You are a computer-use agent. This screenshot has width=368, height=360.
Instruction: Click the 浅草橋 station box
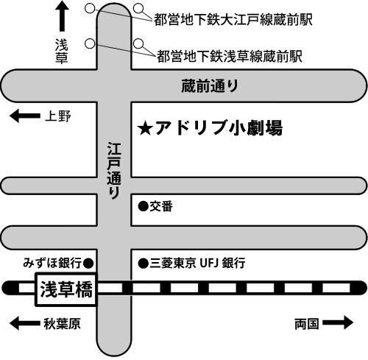66,289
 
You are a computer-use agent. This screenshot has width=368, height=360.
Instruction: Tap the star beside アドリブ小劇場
145,130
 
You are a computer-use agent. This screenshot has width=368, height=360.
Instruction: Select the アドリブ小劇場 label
219,128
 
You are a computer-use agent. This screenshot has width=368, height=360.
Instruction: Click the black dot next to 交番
144,206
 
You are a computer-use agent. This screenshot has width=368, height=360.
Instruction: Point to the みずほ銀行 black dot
88,264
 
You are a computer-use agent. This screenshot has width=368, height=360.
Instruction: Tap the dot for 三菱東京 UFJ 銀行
144,264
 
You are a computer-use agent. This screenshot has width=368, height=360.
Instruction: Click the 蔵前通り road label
210,86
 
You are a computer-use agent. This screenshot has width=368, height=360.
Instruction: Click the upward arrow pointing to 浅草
62,16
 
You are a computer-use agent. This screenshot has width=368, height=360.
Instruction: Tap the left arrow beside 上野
25,116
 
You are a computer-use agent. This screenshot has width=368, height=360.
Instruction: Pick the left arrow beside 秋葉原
25,323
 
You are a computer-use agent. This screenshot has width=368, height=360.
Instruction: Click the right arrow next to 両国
338,322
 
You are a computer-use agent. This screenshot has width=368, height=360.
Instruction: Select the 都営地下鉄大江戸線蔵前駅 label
233,20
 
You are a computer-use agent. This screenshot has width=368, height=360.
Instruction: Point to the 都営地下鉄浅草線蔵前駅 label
230,57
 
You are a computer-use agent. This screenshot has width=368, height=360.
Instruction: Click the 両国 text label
307,324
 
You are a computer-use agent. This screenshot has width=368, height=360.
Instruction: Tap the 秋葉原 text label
62,324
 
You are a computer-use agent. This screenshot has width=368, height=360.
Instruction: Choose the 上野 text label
58,116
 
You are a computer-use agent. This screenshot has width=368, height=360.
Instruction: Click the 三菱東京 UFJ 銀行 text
197,263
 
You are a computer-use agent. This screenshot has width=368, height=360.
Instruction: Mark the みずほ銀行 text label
52,263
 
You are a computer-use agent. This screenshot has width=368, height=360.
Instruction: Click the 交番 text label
161,206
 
